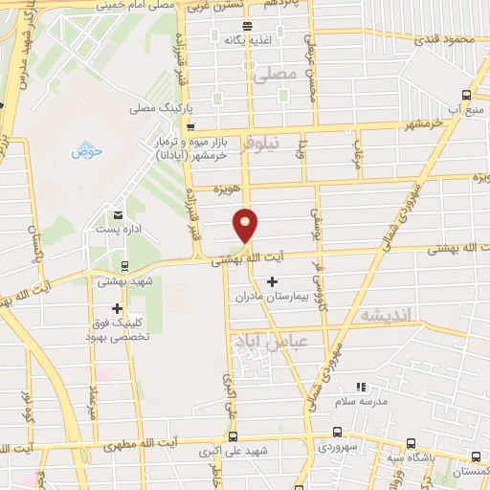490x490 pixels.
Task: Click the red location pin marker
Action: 246,224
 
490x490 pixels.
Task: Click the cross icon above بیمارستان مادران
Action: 273,281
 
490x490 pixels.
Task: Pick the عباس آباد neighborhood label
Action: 285,342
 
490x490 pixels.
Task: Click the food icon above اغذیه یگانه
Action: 248,26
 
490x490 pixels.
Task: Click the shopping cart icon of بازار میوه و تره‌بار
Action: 190,126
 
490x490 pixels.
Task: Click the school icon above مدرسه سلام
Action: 361,387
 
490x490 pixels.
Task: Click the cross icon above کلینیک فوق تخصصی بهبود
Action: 117,308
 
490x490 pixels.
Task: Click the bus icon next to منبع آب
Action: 466,95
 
